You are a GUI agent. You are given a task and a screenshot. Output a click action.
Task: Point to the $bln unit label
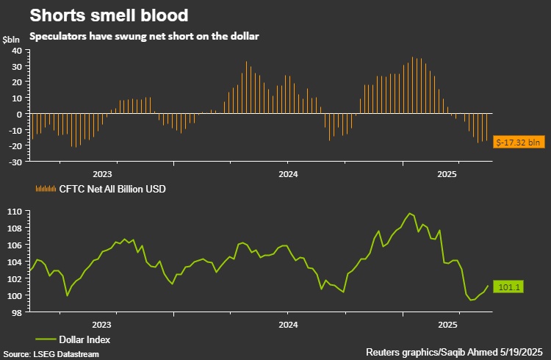[x=12, y=38]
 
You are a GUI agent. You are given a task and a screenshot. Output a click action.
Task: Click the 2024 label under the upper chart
[x=288, y=174]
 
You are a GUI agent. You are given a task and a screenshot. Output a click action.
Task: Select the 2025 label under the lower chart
[x=448, y=323]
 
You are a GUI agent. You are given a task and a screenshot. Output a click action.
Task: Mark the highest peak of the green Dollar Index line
[x=408, y=214]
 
